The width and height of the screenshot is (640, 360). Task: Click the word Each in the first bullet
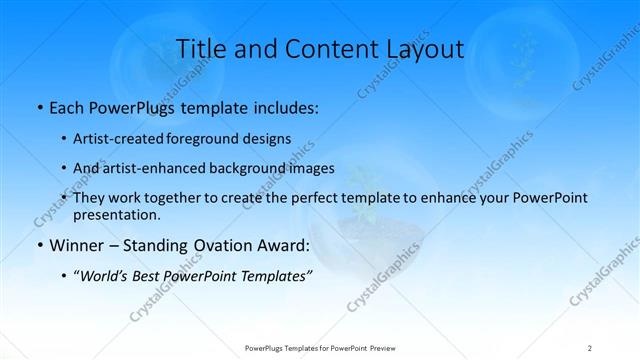click(68, 105)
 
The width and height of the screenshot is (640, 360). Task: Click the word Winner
click(78, 245)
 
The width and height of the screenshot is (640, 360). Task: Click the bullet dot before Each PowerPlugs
click(39, 106)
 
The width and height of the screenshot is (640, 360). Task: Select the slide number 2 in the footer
click(590, 348)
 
